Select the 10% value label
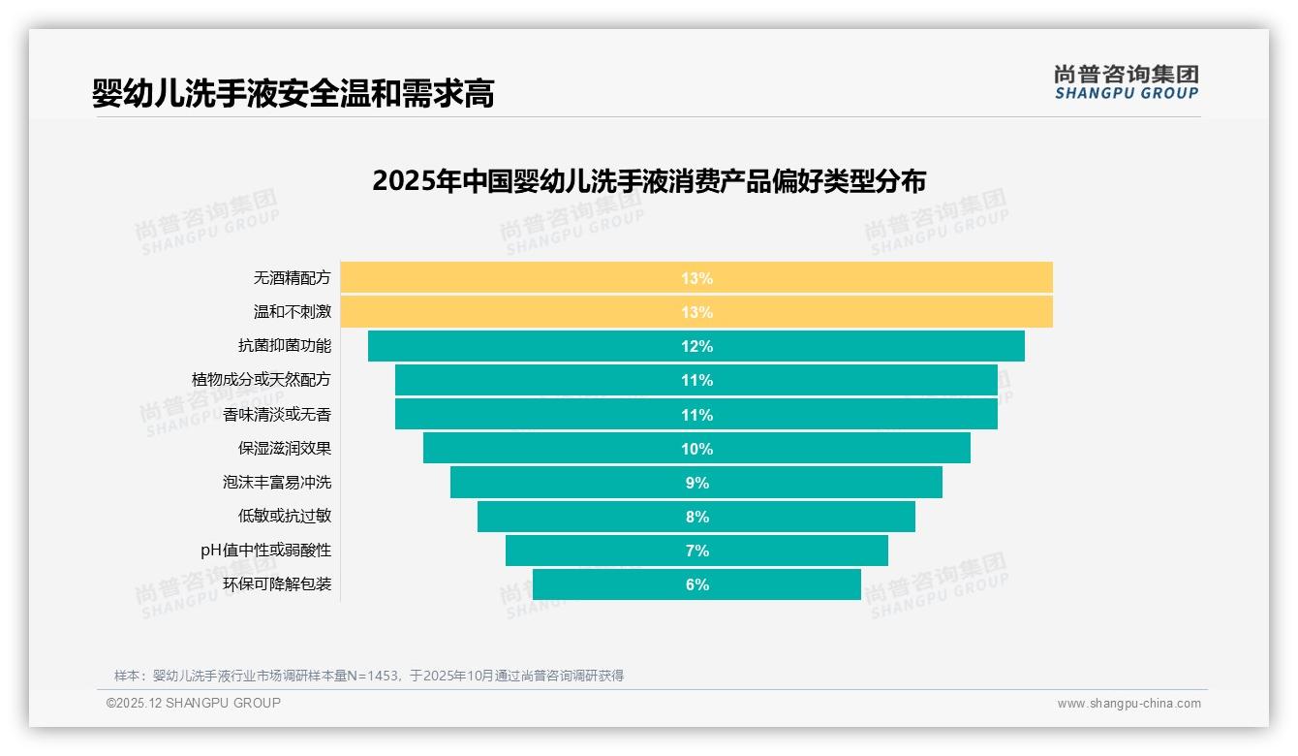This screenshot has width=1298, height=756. [x=696, y=449]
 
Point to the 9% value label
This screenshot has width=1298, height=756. [x=696, y=483]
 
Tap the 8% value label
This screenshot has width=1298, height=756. [x=696, y=517]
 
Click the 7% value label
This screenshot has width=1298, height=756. [x=696, y=551]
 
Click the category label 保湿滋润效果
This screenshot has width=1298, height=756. [x=285, y=449]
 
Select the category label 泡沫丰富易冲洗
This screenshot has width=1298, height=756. [x=277, y=483]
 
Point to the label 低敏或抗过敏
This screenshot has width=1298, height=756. [x=285, y=517]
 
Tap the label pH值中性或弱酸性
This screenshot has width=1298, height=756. [x=265, y=551]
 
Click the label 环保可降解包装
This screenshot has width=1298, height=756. [x=277, y=584]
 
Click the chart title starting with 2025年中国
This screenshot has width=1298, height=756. [x=649, y=181]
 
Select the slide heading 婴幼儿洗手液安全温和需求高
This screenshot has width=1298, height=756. [x=293, y=93]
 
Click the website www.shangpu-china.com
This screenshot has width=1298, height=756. [x=1128, y=704]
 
